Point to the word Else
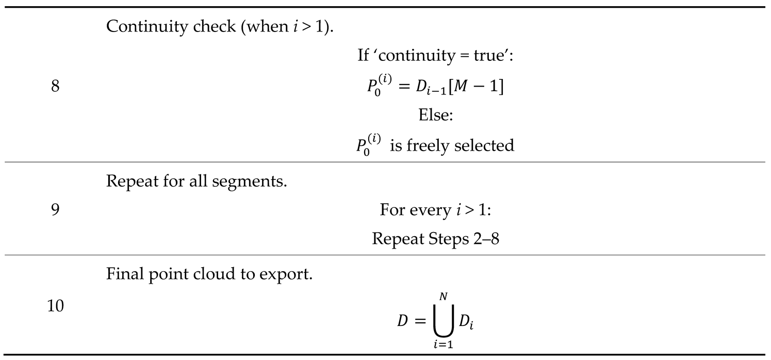435,116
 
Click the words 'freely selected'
464,145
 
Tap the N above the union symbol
442,295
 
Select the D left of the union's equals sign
403,321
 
